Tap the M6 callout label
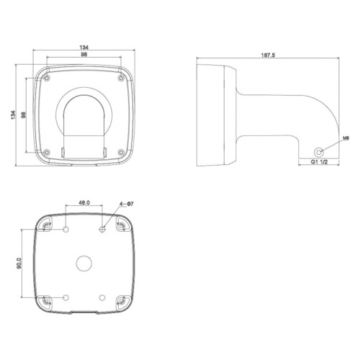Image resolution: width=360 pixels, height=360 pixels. [x=345, y=136]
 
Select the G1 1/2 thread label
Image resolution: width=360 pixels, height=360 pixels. [x=320, y=164]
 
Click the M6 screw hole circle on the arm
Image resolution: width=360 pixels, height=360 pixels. [x=320, y=152]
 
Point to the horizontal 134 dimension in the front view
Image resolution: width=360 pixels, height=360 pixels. [x=84, y=48]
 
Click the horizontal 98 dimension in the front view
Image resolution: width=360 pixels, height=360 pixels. [x=84, y=56]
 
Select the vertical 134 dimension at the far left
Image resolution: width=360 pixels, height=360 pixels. [x=14, y=115]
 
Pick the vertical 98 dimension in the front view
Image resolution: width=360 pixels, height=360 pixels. [x=24, y=115]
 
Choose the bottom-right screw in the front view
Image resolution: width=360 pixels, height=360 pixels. [x=120, y=150]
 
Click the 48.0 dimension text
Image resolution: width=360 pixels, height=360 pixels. [x=84, y=204]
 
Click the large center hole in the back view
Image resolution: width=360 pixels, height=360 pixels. [x=84, y=263]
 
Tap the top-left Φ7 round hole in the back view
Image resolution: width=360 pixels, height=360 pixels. [x=67, y=229]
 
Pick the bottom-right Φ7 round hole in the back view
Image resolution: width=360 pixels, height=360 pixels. [x=102, y=297]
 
